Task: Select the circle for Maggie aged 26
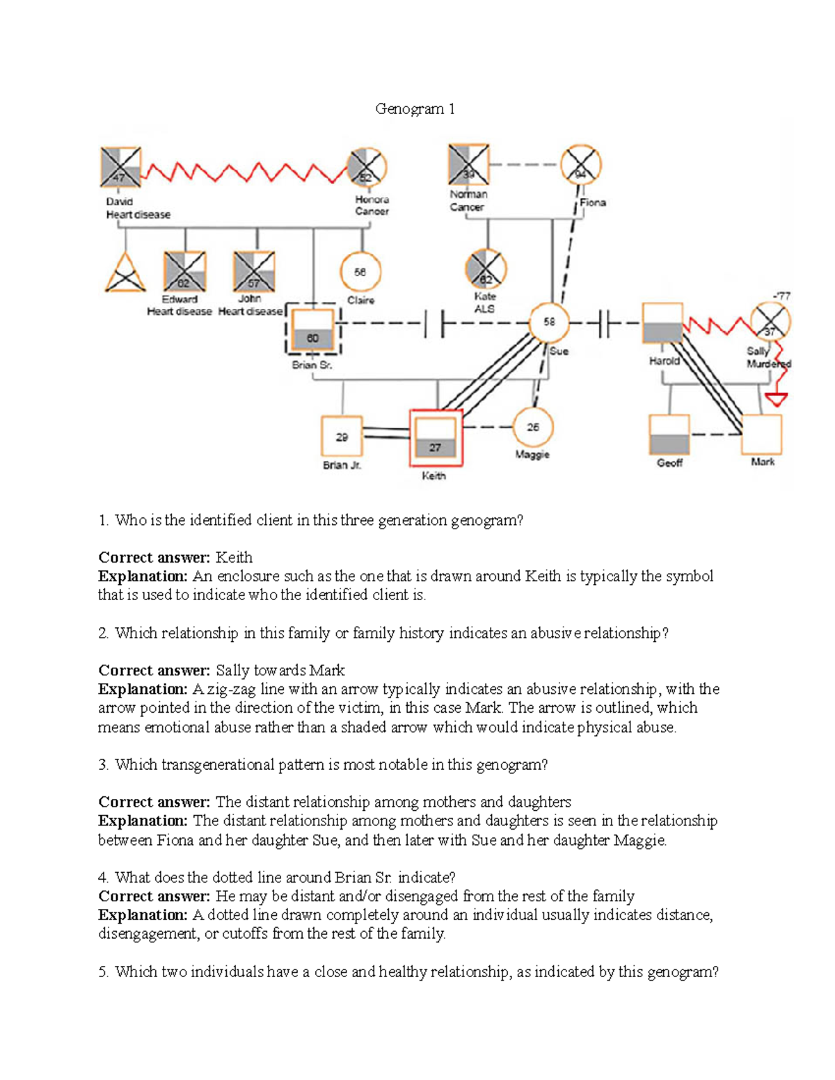tap(532, 428)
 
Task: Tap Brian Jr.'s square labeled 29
tap(342, 437)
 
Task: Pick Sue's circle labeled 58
tap(550, 322)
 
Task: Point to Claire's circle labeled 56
tap(360, 272)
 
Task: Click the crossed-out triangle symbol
tap(125, 273)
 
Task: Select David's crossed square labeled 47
tap(120, 168)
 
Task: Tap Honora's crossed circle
tap(367, 168)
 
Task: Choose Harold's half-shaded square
tap(662, 323)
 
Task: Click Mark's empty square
tap(762, 435)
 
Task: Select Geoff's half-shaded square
tap(669, 435)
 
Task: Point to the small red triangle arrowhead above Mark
tap(776, 399)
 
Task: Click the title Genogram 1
tap(415, 108)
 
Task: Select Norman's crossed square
tap(468, 165)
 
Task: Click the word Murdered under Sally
tap(769, 364)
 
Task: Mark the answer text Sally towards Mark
tap(280, 670)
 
